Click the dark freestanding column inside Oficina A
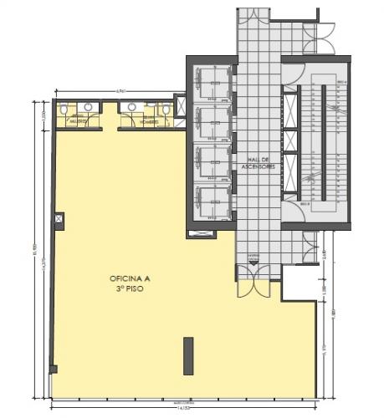click(x=188, y=355)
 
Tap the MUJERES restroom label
click(x=76, y=121)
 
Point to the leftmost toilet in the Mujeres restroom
click(x=64, y=109)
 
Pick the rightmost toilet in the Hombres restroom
click(x=165, y=109)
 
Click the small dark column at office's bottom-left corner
click(x=54, y=369)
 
